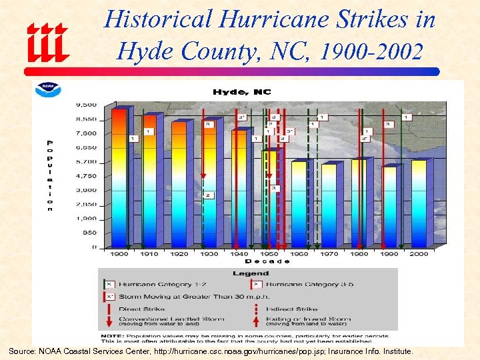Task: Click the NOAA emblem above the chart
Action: [47, 87]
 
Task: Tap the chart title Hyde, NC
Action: [241, 91]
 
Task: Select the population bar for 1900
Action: [119, 177]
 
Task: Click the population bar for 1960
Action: [299, 203]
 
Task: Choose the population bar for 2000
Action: [419, 203]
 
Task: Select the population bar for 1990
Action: [389, 206]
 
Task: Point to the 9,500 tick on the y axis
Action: [85, 105]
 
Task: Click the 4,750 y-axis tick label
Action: [85, 176]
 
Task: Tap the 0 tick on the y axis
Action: [94, 247]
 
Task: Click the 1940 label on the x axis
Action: [239, 254]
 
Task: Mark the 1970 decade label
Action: [329, 254]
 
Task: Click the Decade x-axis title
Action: [269, 261]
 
